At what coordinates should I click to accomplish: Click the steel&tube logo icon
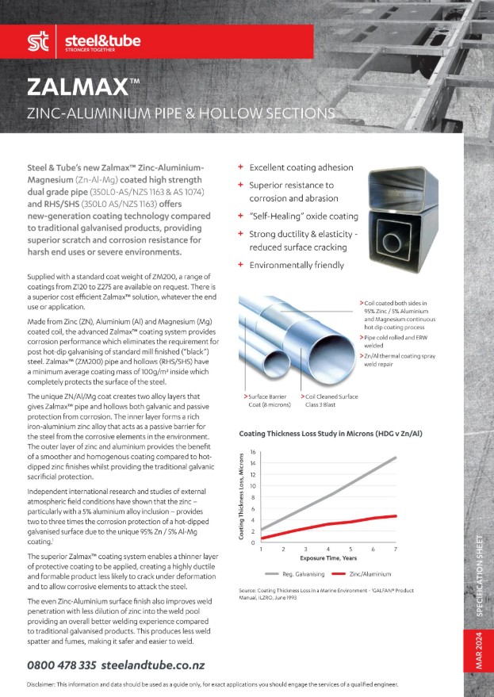tap(36, 41)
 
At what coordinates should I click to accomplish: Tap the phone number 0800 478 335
tap(62, 665)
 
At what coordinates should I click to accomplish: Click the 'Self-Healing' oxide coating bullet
tap(304, 216)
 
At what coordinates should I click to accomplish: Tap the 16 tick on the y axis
tap(253, 452)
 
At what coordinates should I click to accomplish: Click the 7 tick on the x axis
tap(395, 549)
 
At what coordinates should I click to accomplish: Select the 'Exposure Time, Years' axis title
tap(327, 558)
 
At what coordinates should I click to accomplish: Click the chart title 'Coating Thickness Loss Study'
tap(326, 434)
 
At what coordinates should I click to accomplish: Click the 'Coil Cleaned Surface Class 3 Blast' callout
tap(329, 400)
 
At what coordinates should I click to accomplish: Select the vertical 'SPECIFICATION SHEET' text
tap(479, 585)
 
